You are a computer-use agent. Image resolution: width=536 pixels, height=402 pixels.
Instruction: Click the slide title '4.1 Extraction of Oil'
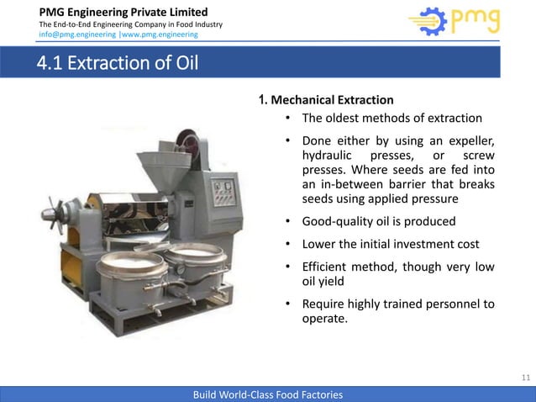[117, 63]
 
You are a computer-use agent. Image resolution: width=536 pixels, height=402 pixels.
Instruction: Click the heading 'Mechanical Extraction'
[331, 100]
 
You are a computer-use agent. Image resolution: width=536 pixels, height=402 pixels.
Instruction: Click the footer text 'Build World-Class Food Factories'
[267, 394]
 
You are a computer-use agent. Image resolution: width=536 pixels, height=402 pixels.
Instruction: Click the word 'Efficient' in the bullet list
[329, 267]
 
